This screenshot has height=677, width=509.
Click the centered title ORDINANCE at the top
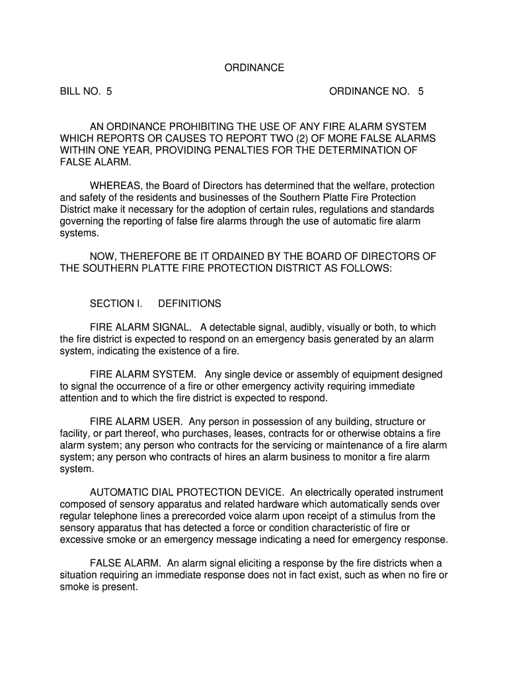tap(255, 67)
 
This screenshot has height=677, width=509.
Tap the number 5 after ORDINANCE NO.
tap(420, 92)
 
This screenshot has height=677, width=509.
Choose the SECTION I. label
tap(116, 303)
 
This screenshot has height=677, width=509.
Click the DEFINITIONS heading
tap(190, 303)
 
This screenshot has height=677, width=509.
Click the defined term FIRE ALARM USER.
tap(136, 421)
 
